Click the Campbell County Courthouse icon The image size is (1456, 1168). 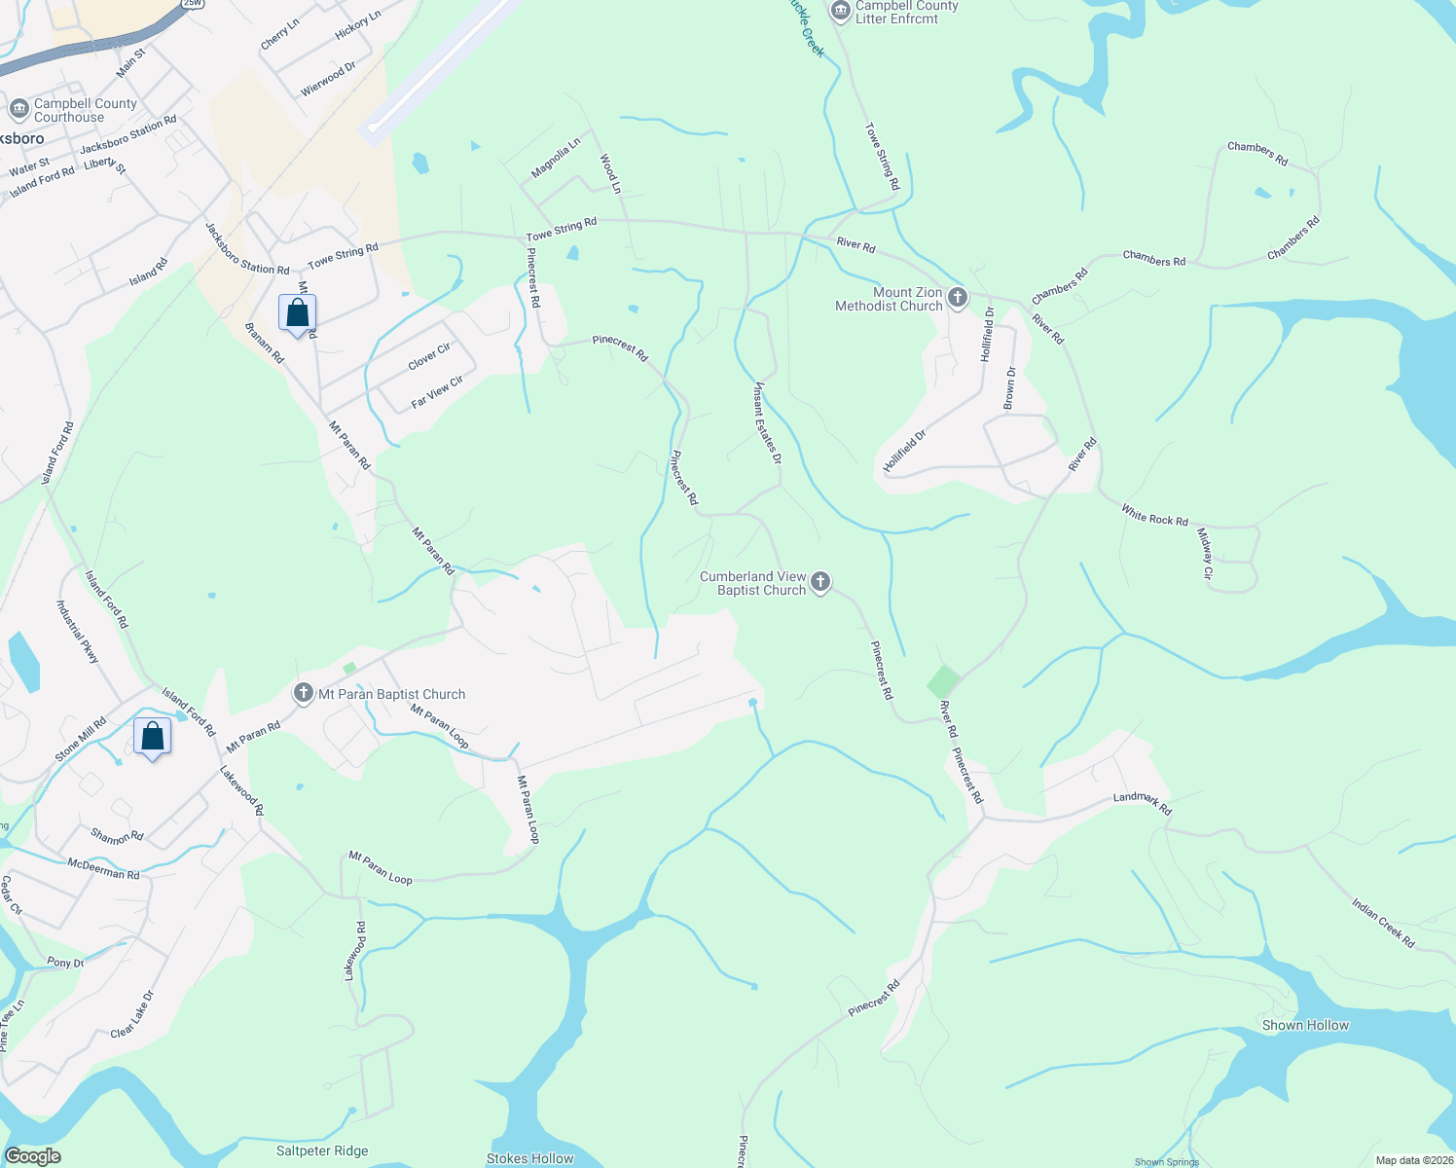[x=18, y=109]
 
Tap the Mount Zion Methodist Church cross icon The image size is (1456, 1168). [x=958, y=298]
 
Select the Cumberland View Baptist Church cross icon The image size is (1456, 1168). [x=820, y=582]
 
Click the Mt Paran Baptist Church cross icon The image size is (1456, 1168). [x=304, y=693]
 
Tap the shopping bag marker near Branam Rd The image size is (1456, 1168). [x=297, y=313]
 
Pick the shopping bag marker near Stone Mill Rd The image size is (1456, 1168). [x=153, y=736]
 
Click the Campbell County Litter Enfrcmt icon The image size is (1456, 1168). [x=840, y=11]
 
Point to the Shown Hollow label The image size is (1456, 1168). [x=1305, y=1025]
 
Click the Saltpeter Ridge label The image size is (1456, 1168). [x=322, y=1150]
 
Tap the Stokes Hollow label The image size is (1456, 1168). [x=529, y=1158]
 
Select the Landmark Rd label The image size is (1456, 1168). [x=1143, y=803]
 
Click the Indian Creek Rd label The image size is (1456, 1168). [x=1382, y=923]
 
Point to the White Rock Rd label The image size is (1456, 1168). [x=1154, y=515]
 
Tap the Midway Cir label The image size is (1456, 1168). [x=1205, y=554]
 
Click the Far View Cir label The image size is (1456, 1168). [x=437, y=391]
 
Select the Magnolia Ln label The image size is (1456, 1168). [x=556, y=158]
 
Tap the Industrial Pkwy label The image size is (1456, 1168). [x=78, y=632]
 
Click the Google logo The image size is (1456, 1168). [x=32, y=1156]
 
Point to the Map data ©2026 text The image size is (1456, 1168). [x=1413, y=1160]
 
